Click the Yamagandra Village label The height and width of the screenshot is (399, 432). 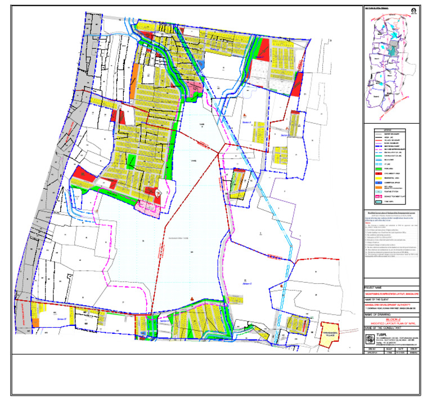[x=330, y=331]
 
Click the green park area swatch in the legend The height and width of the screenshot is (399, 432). [x=372, y=168]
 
